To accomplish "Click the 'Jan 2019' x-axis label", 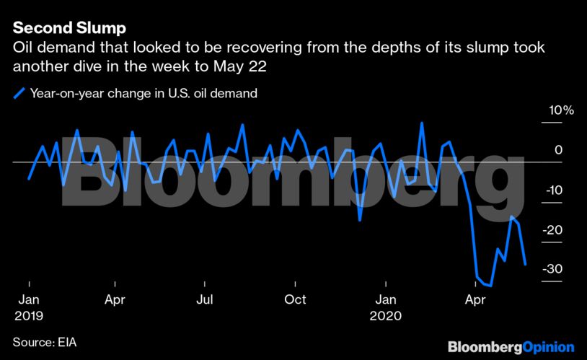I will [x=28, y=307].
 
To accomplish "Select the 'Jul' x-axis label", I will [x=205, y=299].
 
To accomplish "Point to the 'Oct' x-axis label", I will [x=295, y=299].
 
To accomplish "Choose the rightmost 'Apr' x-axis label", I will [x=475, y=299].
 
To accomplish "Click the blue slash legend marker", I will [x=18, y=92].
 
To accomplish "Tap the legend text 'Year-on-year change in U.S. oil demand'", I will [x=144, y=92].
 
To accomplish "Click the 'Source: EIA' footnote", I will [x=44, y=341].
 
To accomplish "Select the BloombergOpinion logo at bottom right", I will [x=511, y=347].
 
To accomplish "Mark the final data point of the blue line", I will [x=525, y=265].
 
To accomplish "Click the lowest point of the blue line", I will [x=490, y=286].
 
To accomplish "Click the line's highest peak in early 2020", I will [x=421, y=123].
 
